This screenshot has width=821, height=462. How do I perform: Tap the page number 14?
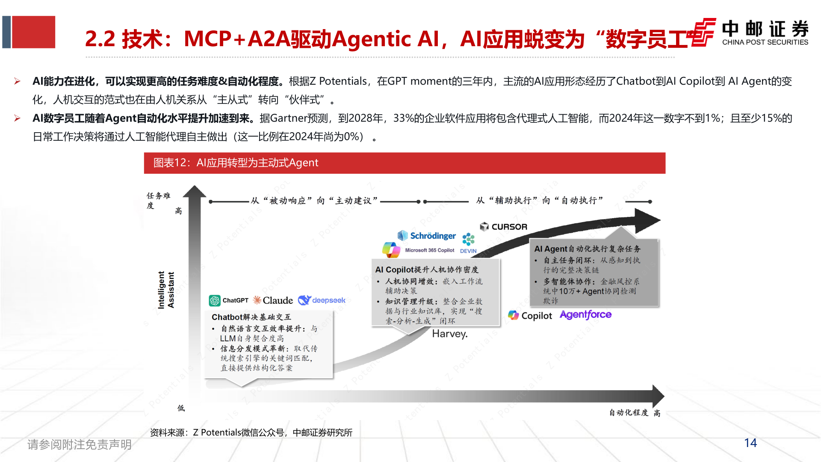coord(750,443)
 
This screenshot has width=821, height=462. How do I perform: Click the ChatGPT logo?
coord(229,300)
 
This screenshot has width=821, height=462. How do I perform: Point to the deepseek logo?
coord(322,300)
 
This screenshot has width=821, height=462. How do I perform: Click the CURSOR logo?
coord(504,227)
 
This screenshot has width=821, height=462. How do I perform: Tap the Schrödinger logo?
coord(427,236)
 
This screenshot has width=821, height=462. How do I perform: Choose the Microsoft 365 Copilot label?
coord(429,250)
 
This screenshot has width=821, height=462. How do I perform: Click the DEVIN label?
coord(468,251)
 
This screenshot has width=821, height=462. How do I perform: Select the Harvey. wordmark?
coord(450,334)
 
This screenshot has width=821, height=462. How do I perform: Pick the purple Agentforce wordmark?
coord(585,315)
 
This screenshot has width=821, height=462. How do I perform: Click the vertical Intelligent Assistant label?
coord(166,290)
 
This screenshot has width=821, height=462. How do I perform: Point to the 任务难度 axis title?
coord(158,200)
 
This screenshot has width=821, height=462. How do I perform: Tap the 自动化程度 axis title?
coord(629,412)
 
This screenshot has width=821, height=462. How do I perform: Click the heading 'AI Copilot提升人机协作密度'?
coord(427,269)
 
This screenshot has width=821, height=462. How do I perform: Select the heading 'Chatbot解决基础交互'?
coord(251,317)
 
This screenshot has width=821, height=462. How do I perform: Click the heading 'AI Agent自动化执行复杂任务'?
coord(587,249)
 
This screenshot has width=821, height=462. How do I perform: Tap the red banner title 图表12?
coord(236,163)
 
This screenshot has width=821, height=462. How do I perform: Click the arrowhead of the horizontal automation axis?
coord(658,396)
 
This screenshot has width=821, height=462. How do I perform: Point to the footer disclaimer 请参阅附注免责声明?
coord(80,444)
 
